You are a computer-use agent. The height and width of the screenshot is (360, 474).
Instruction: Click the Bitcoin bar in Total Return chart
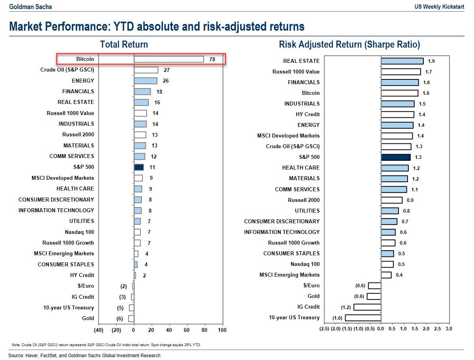[x=169, y=59]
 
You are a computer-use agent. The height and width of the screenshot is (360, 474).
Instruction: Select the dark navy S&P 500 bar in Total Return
[x=139, y=167]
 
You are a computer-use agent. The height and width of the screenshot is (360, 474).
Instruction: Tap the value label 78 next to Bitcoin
[x=212, y=59]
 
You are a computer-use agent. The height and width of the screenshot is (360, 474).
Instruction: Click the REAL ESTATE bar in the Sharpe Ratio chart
[x=402, y=61]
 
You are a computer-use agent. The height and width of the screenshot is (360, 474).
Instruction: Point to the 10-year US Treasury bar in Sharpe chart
[x=363, y=318]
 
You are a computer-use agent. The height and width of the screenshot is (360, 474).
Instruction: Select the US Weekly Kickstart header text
[x=439, y=7]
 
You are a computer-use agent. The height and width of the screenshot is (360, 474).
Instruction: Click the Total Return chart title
[x=124, y=44]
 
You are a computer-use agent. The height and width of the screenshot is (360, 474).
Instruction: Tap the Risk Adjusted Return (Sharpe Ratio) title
[x=349, y=44]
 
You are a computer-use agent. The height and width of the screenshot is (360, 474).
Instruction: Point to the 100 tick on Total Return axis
[x=222, y=330]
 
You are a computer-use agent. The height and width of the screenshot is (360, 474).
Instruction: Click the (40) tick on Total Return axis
[x=98, y=330]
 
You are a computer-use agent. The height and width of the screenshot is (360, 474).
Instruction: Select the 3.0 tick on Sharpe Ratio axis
[x=448, y=328]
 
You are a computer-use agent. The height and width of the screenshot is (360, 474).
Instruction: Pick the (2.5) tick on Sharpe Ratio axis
[x=325, y=328]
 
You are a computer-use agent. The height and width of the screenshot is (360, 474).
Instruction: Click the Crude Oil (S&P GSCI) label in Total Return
[x=67, y=70]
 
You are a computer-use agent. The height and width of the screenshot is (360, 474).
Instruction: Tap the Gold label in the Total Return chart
[x=88, y=318]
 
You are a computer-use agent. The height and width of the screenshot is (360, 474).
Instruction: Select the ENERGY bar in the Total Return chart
[x=145, y=81]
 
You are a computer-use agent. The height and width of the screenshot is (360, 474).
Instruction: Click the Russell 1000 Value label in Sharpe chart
[x=296, y=72]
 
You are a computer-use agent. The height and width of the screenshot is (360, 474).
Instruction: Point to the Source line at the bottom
[x=85, y=356]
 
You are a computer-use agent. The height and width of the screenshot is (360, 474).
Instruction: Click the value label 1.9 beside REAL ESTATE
[x=431, y=61]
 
